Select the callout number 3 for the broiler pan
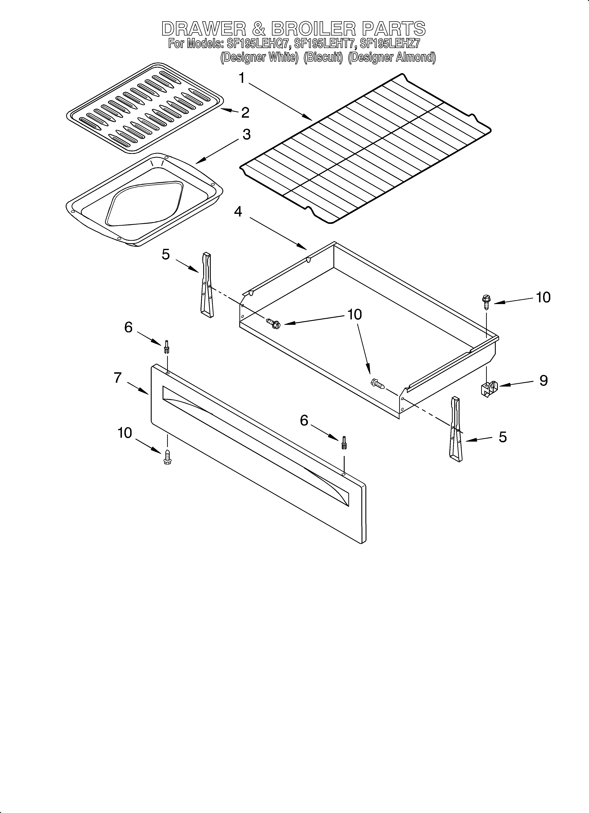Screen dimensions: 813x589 click(x=246, y=135)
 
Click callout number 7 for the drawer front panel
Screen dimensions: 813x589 click(x=118, y=378)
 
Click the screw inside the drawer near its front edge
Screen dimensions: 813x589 click(x=377, y=384)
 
